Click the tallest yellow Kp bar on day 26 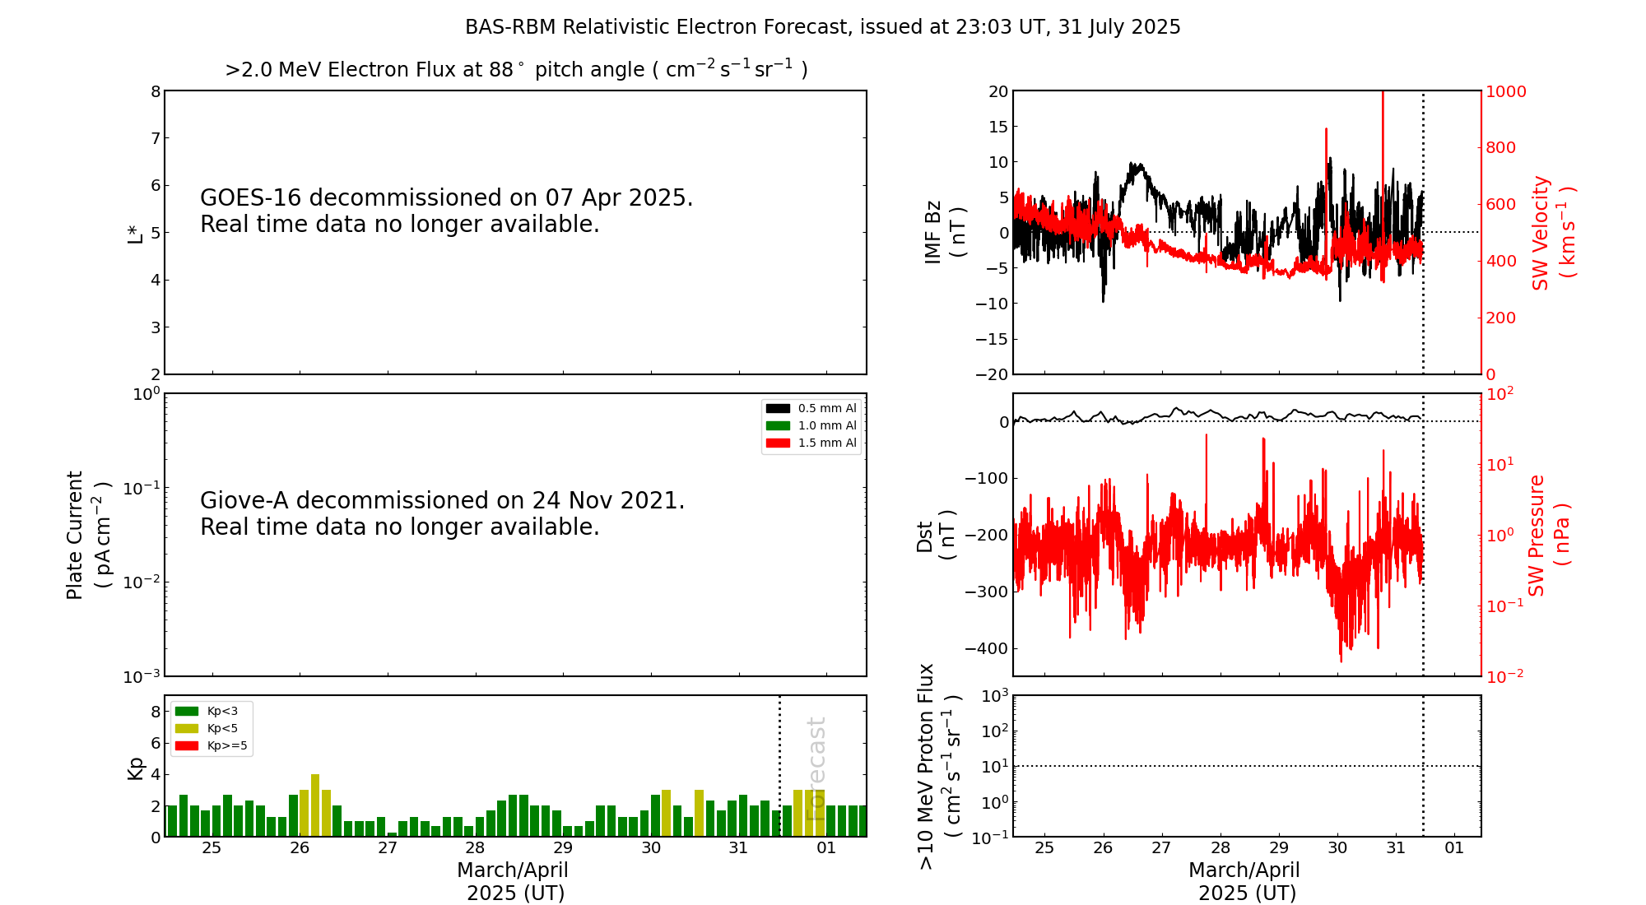(x=315, y=805)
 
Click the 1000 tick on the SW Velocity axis (x=1505, y=92)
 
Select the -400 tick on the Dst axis (x=986, y=648)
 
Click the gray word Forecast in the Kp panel (x=816, y=768)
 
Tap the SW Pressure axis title (x=1549, y=535)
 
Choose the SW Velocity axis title (x=1552, y=233)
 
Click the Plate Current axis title (x=87, y=535)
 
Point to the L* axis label (x=135, y=234)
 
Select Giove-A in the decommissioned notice (x=244, y=501)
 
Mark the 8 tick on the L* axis (x=156, y=91)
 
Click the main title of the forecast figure (x=822, y=27)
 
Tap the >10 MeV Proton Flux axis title (x=938, y=766)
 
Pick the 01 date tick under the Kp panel (x=826, y=848)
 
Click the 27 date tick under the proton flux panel (x=1161, y=848)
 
